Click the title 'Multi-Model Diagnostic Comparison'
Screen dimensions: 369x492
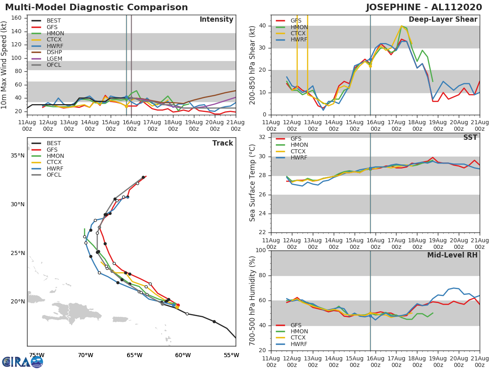[96, 7]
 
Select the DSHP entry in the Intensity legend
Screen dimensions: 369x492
[55, 52]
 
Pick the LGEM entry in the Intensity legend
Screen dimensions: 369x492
[55, 59]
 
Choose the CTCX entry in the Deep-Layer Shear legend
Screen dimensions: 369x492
[299, 33]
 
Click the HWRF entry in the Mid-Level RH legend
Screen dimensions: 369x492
[299, 344]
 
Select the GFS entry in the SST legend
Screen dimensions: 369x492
[296, 139]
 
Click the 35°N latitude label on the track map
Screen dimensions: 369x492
[18, 155]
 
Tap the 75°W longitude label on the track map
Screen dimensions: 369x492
[36, 355]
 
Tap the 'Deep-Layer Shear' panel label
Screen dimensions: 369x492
[443, 20]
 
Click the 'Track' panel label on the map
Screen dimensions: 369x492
[223, 143]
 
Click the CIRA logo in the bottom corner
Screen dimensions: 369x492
[23, 362]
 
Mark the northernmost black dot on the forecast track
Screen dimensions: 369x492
[143, 177]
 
